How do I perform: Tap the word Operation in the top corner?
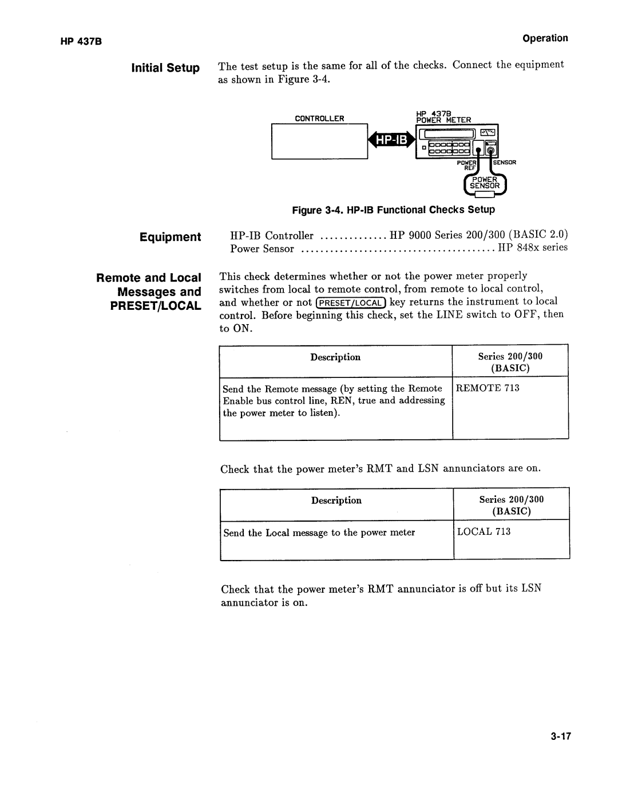[544, 38]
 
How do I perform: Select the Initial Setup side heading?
[166, 68]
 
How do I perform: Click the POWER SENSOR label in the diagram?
[485, 183]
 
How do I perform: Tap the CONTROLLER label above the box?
[319, 119]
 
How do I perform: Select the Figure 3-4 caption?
[393, 210]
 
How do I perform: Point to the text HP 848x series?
[532, 248]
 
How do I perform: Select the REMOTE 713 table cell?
[488, 388]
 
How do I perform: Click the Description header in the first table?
[335, 357]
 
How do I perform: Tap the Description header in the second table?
[336, 501]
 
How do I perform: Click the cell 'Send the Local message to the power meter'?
[319, 533]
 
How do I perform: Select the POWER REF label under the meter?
[467, 165]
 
